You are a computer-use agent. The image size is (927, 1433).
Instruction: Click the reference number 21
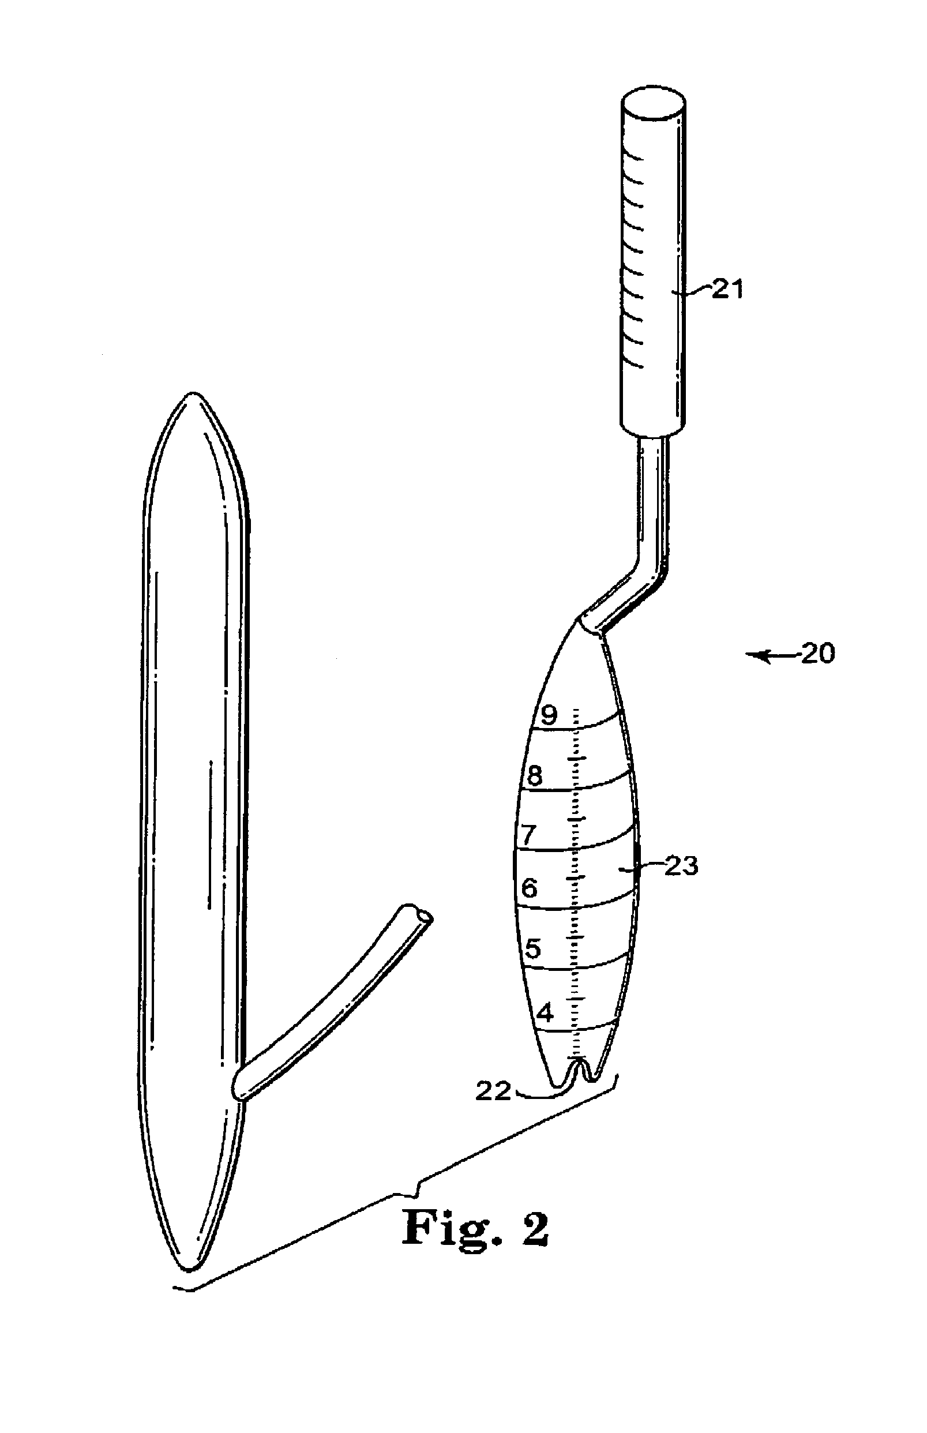click(728, 290)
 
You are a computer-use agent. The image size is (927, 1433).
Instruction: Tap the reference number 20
click(817, 653)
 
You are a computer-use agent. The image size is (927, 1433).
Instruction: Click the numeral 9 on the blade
click(549, 715)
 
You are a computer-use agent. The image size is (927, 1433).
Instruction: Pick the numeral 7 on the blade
click(527, 834)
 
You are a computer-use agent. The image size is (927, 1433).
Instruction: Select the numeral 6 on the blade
click(529, 888)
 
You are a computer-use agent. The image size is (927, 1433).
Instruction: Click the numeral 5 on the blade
click(533, 949)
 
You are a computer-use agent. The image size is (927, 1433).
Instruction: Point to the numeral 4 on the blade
click(545, 1014)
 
